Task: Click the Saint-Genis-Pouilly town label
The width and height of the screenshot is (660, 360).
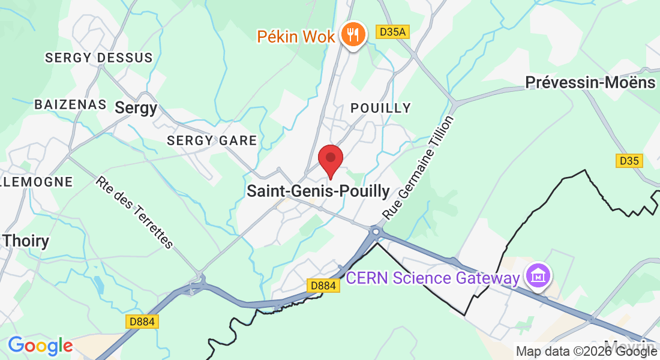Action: [318, 191]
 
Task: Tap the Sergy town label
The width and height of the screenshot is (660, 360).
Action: [136, 107]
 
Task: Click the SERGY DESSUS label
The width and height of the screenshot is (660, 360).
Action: [99, 58]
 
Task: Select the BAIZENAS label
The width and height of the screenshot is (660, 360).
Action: [70, 104]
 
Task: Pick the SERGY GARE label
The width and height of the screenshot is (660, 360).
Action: [212, 140]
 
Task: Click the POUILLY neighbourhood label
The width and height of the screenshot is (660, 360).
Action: [381, 108]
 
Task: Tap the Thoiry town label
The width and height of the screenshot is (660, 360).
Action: [26, 241]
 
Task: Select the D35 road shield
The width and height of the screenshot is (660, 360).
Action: [629, 161]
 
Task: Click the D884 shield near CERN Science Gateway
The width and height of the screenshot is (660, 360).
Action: [323, 286]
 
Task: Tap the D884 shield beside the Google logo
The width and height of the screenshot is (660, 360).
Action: [142, 322]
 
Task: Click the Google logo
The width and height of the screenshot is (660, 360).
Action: [40, 346]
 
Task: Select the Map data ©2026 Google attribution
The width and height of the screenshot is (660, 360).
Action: [586, 352]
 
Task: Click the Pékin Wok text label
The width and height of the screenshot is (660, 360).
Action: [296, 36]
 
